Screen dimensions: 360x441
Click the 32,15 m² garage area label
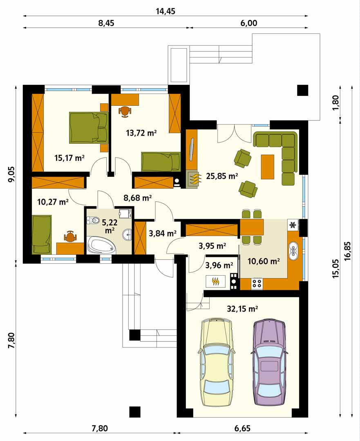[x=242, y=309]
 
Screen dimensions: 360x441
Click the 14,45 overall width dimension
[x=165, y=11]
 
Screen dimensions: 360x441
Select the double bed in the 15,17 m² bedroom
[x=89, y=128]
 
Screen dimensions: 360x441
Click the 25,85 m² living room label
[x=222, y=176]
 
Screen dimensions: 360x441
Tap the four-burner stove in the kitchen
[x=257, y=283]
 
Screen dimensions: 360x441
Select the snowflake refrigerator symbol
[x=293, y=225]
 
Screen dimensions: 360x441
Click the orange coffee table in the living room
[x=267, y=167]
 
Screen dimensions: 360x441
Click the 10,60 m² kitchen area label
[x=264, y=262]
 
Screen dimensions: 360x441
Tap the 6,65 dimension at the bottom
[x=242, y=428]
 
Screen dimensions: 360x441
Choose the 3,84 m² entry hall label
[x=162, y=233]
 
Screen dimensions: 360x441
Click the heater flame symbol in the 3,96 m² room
[x=216, y=281]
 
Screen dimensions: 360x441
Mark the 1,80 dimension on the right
[x=336, y=102]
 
